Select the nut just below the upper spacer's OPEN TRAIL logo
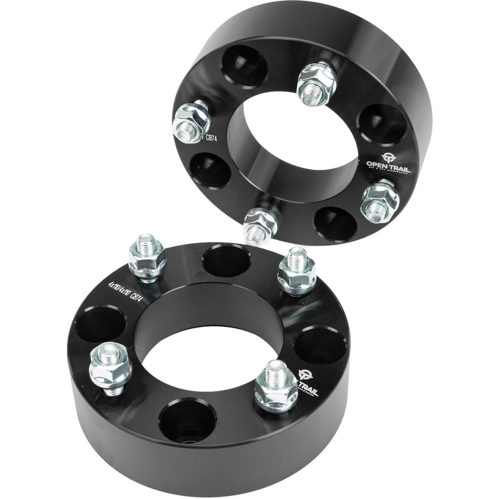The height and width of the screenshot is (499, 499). pos(380,201)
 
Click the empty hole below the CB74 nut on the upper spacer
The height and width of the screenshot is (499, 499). pos(210,170)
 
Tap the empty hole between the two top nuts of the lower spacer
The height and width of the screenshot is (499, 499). pos(226,261)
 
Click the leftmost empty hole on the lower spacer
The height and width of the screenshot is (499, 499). pos(100,324)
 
